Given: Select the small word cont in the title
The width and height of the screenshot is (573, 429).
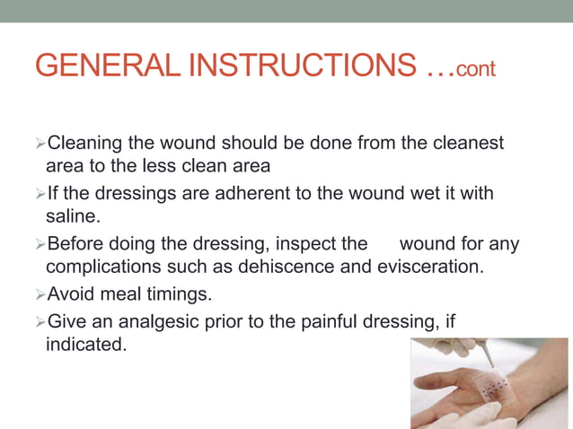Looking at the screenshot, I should coord(475,69).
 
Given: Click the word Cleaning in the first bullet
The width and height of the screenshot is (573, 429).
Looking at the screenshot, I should coord(85,143).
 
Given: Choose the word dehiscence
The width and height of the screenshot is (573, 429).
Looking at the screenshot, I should coord(293,267).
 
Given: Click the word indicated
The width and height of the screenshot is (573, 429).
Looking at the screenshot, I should coord(85,344).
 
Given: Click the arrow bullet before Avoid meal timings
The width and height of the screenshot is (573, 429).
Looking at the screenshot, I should coord(39,294).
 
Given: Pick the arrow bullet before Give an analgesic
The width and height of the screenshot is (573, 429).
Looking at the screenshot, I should coord(39,321).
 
